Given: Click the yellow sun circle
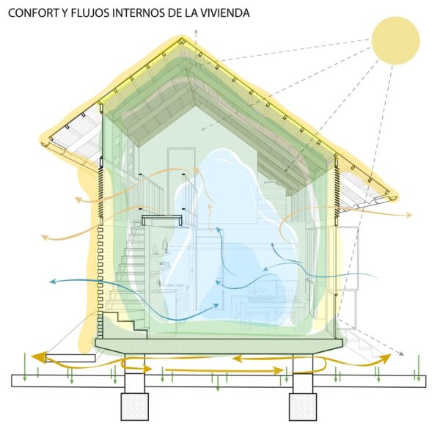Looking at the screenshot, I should click(x=395, y=40).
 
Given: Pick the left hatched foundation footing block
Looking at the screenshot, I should click(x=134, y=406).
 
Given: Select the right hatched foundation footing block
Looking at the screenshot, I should click(x=302, y=406).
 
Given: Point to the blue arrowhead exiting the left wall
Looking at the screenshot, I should click(x=53, y=281).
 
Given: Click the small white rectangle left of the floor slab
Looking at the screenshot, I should click(x=70, y=358).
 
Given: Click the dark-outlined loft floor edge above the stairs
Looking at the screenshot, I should click(x=161, y=220).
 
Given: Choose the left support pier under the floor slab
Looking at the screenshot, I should click(x=134, y=373).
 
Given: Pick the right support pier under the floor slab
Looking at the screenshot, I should click(x=302, y=373).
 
